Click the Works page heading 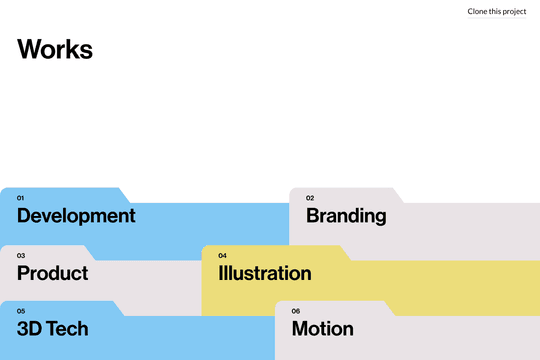(x=55, y=49)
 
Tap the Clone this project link (x=496, y=11)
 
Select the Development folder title (x=76, y=215)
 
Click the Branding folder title (x=346, y=215)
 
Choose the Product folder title (x=52, y=273)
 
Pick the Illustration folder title (x=265, y=273)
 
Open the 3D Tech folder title (x=52, y=328)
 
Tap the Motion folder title (x=323, y=328)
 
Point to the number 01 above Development (x=21, y=198)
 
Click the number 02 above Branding (x=310, y=198)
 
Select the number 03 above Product (x=21, y=255)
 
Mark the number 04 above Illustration (x=222, y=255)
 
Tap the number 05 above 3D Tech (x=21, y=311)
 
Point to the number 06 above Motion (x=296, y=311)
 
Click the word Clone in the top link (x=478, y=11)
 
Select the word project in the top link (x=514, y=11)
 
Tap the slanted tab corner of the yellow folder (x=345, y=253)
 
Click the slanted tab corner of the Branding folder (x=397, y=195)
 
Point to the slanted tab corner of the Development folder (x=125, y=195)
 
